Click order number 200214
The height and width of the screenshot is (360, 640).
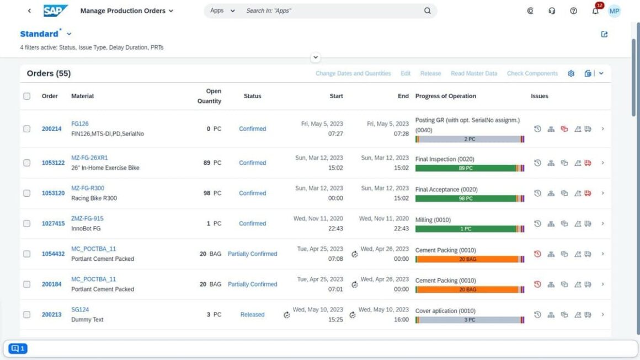point(51,129)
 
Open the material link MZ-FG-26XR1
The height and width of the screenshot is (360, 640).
point(89,158)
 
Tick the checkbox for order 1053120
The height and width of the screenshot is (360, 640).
point(26,194)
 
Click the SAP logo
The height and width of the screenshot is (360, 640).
point(56,10)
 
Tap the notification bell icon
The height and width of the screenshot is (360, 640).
point(595,11)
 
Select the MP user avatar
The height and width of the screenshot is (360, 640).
point(614,11)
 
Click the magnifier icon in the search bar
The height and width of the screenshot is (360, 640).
point(428,10)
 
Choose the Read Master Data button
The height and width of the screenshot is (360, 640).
point(473,73)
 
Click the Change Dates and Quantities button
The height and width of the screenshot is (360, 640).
point(353,73)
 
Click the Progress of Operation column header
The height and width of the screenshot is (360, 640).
point(445,96)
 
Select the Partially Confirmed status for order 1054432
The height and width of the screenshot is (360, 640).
point(252,254)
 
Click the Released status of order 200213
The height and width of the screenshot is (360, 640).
point(252,315)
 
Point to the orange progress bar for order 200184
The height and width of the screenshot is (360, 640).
point(466,289)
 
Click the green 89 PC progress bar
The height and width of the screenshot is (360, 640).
point(466,168)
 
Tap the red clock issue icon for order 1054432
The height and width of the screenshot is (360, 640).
point(537,254)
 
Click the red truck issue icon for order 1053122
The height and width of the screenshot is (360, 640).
point(588,163)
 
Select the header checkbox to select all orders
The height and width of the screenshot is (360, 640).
point(26,96)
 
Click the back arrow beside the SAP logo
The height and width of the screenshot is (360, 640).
point(29,11)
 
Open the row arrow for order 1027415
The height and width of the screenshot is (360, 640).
point(602,224)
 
